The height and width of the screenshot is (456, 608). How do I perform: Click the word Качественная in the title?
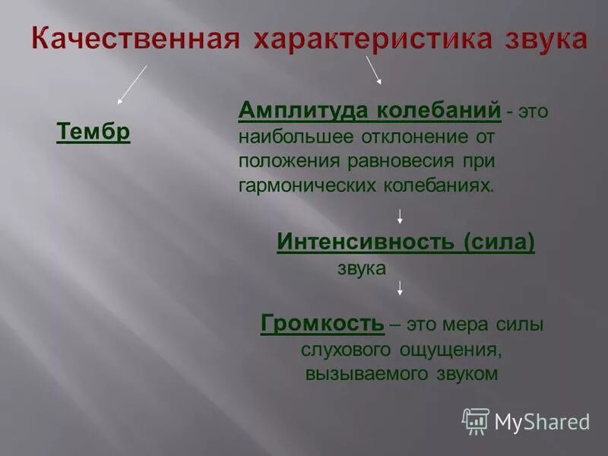(131, 39)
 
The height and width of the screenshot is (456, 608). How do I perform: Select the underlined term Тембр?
(93, 132)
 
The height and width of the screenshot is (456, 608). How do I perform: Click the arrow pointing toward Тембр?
(131, 84)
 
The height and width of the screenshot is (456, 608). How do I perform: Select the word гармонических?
(302, 185)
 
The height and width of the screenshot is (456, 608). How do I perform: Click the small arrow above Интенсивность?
(400, 216)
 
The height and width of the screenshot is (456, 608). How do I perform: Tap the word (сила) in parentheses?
(497, 242)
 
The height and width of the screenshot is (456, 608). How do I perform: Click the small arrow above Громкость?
(400, 288)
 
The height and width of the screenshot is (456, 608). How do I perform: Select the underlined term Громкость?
(322, 325)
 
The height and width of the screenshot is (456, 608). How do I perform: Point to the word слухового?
(340, 350)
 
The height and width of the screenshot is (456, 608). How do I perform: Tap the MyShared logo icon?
(476, 420)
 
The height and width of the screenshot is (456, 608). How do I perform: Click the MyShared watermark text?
(542, 422)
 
